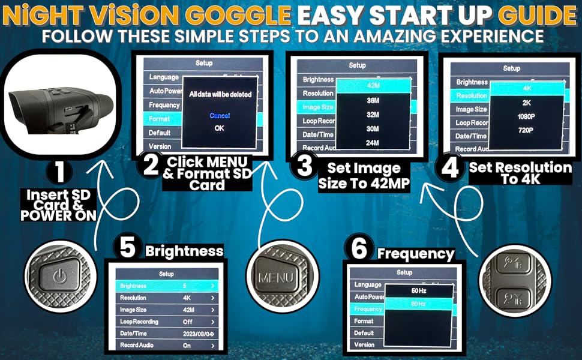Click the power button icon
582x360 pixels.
point(59,278)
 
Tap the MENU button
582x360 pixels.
point(275,278)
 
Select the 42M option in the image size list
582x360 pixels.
point(372,86)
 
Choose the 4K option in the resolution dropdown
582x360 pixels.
point(527,88)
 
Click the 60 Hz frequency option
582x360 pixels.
point(418,304)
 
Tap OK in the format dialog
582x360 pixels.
point(220,128)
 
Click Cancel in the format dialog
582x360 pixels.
point(220,115)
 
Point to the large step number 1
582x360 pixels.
point(59,173)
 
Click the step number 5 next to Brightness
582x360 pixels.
point(127,248)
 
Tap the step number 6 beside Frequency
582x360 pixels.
point(359,248)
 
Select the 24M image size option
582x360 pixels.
point(372,142)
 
